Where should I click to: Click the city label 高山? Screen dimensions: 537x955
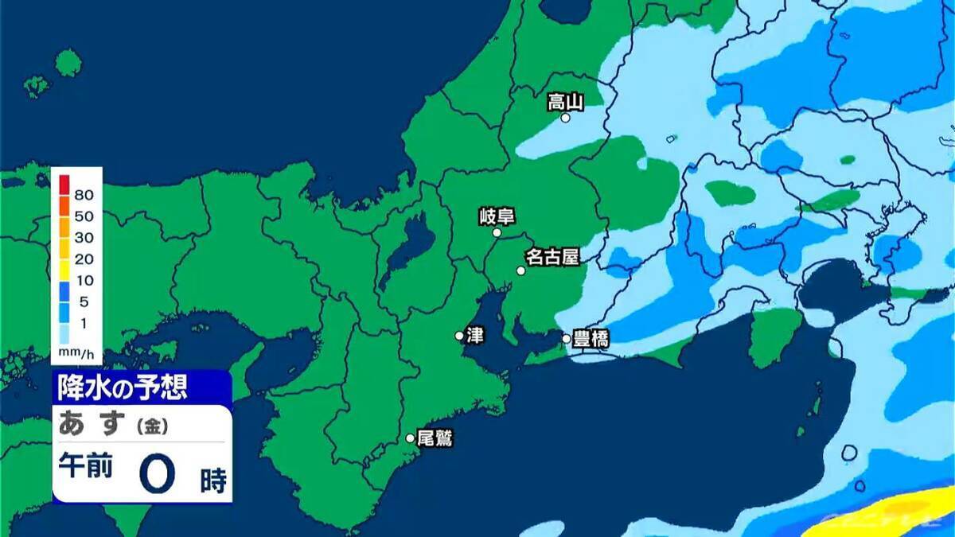click(566, 101)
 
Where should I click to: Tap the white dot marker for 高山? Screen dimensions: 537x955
click(565, 118)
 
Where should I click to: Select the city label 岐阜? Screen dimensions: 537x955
click(497, 216)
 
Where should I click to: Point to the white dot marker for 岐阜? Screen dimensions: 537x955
click(497, 233)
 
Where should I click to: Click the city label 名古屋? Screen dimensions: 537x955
click(552, 257)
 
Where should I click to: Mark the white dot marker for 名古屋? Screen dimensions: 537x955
click(520, 270)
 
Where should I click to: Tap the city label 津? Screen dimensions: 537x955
click(475, 335)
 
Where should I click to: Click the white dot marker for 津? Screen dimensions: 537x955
click(459, 336)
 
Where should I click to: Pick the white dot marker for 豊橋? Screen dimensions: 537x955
click(567, 339)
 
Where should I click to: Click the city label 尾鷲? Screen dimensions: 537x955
click(435, 438)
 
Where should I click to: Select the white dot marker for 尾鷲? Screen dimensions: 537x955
click(410, 438)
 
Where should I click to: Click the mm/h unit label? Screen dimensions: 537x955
click(76, 351)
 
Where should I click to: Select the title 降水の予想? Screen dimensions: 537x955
click(123, 387)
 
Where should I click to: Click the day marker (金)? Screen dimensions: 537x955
click(152, 427)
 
